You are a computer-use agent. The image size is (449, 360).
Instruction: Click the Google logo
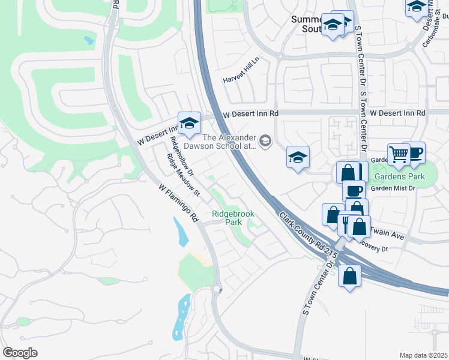(x=20, y=353)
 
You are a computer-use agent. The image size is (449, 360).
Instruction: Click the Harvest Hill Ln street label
(x=240, y=79)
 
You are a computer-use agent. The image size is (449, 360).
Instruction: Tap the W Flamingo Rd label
(x=178, y=203)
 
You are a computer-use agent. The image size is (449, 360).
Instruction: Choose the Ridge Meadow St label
(x=183, y=175)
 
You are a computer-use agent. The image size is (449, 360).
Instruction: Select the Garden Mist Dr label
(x=393, y=188)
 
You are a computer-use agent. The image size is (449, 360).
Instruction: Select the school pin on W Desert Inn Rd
(x=189, y=123)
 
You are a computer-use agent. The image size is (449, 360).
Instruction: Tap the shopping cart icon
(x=398, y=154)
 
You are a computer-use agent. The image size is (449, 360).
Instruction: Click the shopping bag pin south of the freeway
(x=349, y=276)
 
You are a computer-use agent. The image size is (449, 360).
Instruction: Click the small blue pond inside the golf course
(x=89, y=41)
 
